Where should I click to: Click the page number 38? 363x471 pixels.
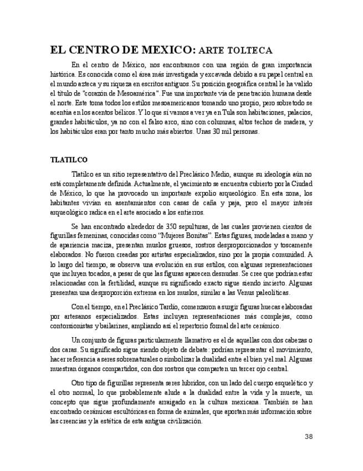coord(309,436)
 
